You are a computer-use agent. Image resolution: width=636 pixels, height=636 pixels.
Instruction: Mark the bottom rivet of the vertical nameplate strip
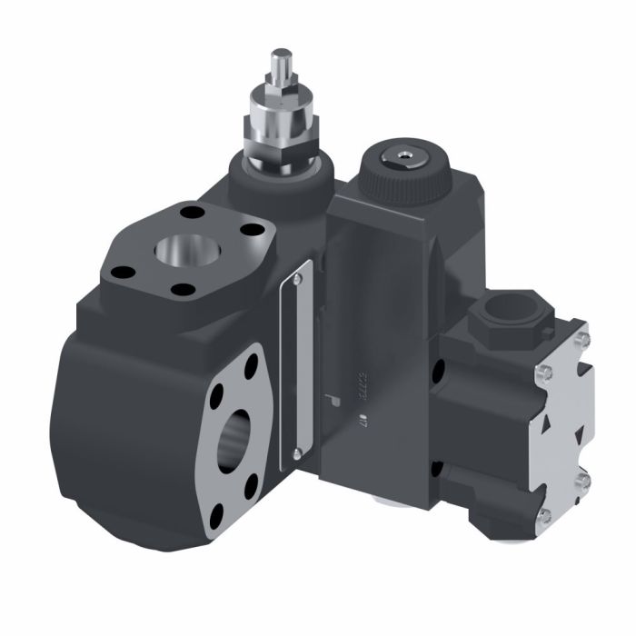click(x=296, y=451)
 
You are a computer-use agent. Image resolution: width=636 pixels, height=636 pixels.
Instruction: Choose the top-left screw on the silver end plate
click(x=543, y=373)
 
